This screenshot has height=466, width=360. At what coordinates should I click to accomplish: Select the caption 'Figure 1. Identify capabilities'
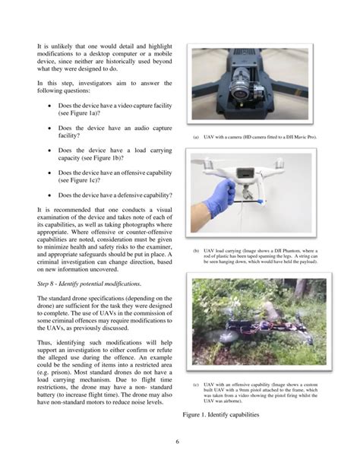pyautogui.click(x=230, y=416)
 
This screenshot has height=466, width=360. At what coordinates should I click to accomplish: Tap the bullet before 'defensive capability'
pyautogui.click(x=49, y=195)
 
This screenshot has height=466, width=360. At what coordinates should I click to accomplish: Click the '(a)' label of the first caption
pyautogui.click(x=196, y=138)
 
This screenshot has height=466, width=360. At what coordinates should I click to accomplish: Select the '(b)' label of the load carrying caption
pyautogui.click(x=196, y=250)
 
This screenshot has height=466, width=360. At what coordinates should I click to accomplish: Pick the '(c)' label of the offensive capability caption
pyautogui.click(x=196, y=384)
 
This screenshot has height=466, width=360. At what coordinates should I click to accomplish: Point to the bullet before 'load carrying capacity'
pyautogui.click(x=49, y=151)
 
